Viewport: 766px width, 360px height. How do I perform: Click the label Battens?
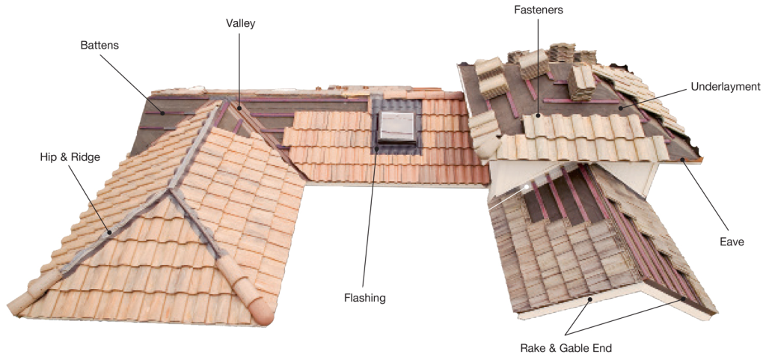click(99, 45)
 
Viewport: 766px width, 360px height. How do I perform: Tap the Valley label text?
click(240, 23)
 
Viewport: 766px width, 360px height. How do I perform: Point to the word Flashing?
click(364, 297)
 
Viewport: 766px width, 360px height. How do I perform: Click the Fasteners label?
click(539, 9)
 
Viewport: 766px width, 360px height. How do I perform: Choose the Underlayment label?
click(726, 87)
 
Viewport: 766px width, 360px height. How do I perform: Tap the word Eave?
click(732, 241)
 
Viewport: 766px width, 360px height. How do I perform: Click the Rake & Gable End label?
click(566, 348)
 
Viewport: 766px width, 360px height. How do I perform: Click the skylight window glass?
click(396, 126)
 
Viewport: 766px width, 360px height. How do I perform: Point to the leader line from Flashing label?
click(367, 213)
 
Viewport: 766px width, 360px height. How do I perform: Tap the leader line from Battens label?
click(132, 76)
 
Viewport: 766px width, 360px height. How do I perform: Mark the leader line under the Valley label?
click(239, 68)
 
